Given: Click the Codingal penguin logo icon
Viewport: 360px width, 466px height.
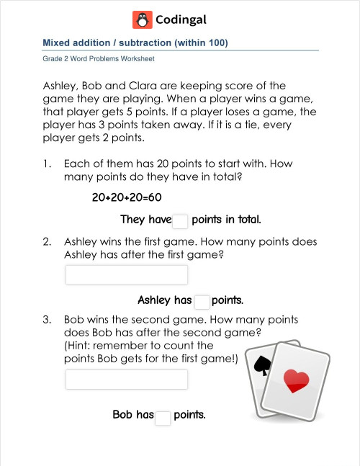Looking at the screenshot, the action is [x=142, y=19].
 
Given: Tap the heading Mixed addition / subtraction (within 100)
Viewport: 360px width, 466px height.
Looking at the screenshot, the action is [x=135, y=43].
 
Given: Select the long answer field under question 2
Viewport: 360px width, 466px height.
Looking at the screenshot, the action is [x=127, y=274].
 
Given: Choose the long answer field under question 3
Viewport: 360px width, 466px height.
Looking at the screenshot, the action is [x=127, y=380].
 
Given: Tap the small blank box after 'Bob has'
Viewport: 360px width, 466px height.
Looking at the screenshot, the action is [x=163, y=417].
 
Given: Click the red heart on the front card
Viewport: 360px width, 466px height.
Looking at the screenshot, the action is [x=296, y=380].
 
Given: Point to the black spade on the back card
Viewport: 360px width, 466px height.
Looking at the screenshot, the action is [x=261, y=364].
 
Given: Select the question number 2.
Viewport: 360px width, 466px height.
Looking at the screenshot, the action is [x=47, y=242].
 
